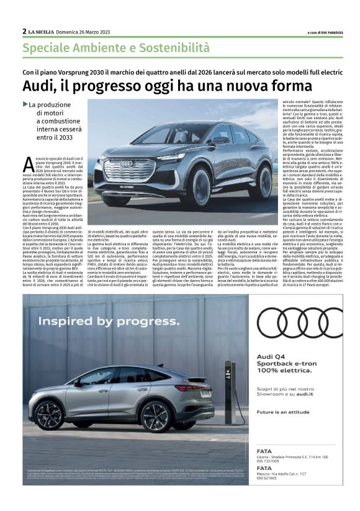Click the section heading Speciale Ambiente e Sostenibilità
[x=116, y=47]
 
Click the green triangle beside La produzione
[x=25, y=104]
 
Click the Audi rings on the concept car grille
[x=126, y=164]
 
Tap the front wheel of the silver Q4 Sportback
[x=50, y=415]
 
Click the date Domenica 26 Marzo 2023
[x=85, y=32]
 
